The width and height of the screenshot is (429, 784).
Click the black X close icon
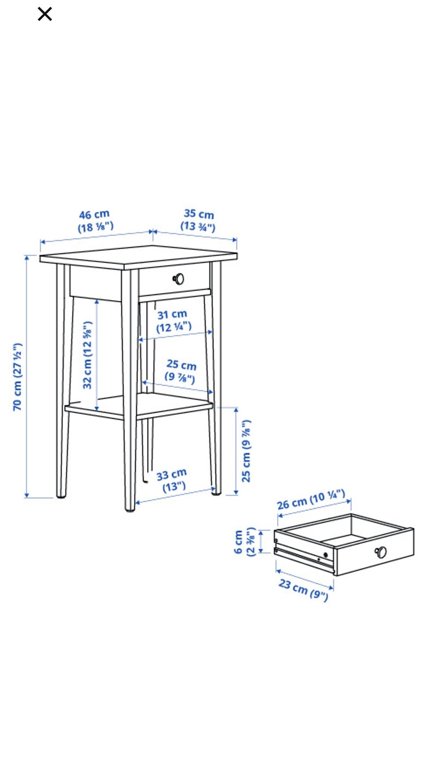pyautogui.click(x=45, y=14)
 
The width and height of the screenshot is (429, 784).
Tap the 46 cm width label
pyautogui.click(x=95, y=221)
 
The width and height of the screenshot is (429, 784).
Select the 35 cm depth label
pyautogui.click(x=198, y=220)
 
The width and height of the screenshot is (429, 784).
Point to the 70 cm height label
pyautogui.click(x=17, y=377)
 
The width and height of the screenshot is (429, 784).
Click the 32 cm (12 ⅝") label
pyautogui.click(x=87, y=355)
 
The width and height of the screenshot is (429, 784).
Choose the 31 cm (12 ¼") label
pyautogui.click(x=173, y=321)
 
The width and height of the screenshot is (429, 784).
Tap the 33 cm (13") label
pyautogui.click(x=172, y=480)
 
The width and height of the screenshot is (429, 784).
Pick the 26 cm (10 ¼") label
pyautogui.click(x=311, y=499)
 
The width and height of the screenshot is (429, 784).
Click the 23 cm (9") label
pyautogui.click(x=304, y=589)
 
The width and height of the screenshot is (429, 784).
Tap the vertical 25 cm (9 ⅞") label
pyautogui.click(x=246, y=451)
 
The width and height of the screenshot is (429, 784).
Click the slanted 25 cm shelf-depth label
pyautogui.click(x=181, y=371)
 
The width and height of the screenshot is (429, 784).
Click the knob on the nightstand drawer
pyautogui.click(x=178, y=279)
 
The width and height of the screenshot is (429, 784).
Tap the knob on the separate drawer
pyautogui.click(x=381, y=552)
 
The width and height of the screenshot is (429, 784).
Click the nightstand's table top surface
pyautogui.click(x=139, y=257)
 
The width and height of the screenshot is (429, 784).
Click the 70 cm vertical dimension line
pyautogui.click(x=27, y=376)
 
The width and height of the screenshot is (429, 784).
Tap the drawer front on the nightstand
pyautogui.click(x=174, y=279)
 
